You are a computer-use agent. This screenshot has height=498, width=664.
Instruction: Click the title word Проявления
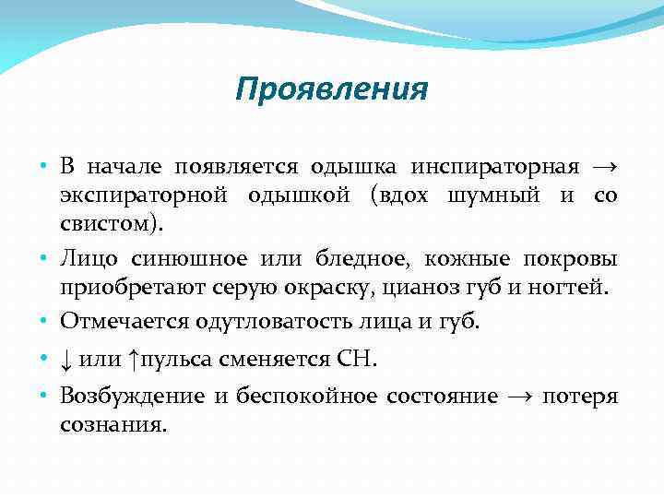331,89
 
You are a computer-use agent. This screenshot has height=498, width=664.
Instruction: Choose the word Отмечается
121,321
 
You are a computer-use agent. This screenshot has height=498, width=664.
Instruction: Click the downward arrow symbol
66,360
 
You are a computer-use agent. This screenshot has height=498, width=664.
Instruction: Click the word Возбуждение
132,397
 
